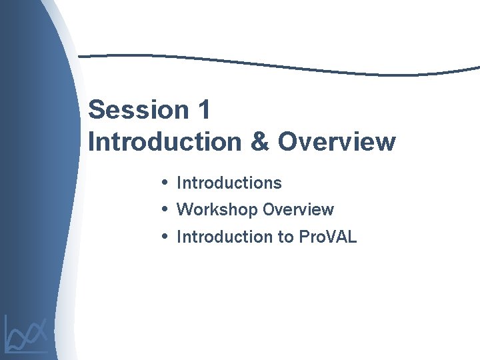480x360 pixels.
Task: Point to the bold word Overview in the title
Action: (x=337, y=142)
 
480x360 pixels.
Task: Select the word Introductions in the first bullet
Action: (x=229, y=183)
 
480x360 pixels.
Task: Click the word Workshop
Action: (x=217, y=209)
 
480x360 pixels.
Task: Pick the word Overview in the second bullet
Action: (x=298, y=209)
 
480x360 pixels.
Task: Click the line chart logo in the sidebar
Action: (x=27, y=333)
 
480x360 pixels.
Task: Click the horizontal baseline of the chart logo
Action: (x=27, y=351)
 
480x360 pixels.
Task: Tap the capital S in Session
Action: (x=97, y=110)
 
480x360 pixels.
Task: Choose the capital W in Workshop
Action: (x=185, y=209)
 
